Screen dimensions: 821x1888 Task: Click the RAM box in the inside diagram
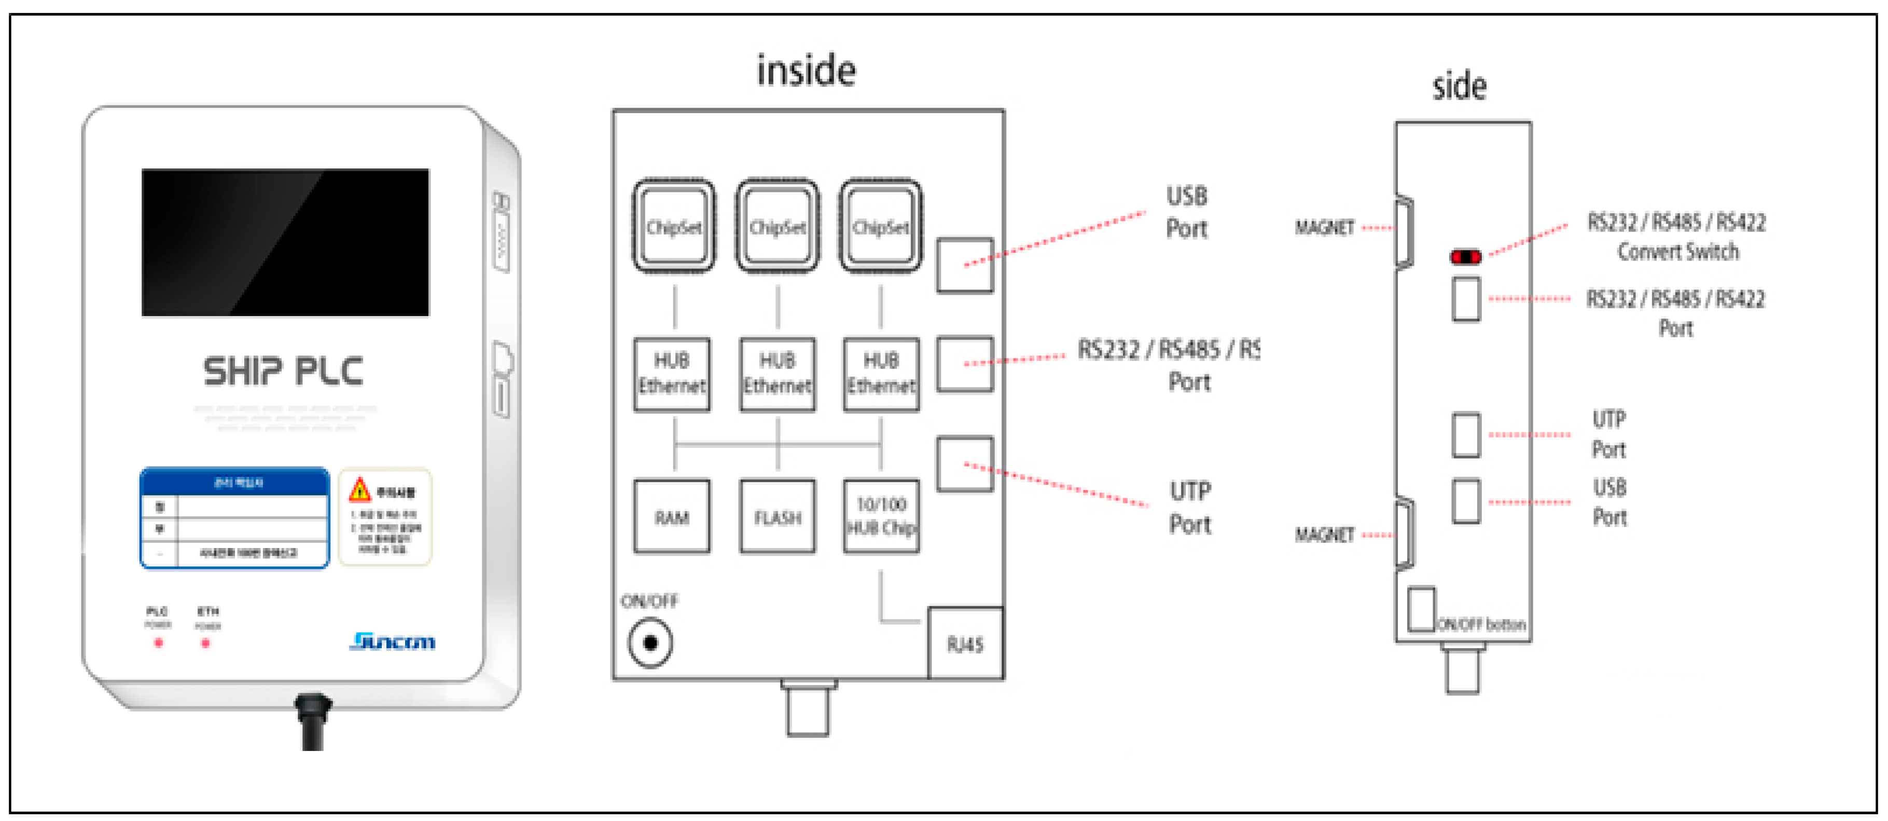(671, 517)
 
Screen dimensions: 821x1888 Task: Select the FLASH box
(777, 517)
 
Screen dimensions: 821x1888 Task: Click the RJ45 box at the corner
(965, 644)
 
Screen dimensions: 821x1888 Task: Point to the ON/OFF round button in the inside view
(650, 643)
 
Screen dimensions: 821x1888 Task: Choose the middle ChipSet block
(777, 226)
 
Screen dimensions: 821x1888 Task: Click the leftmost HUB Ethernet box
(671, 374)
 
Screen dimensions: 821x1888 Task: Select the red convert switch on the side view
(1466, 256)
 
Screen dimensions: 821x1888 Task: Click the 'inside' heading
(806, 71)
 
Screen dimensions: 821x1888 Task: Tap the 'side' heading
(1459, 87)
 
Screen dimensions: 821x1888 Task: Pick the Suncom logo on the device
(392, 641)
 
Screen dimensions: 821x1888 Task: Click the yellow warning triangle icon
(359, 489)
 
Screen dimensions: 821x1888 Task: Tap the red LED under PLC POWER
(158, 643)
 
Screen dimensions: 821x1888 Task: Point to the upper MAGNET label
(1324, 228)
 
